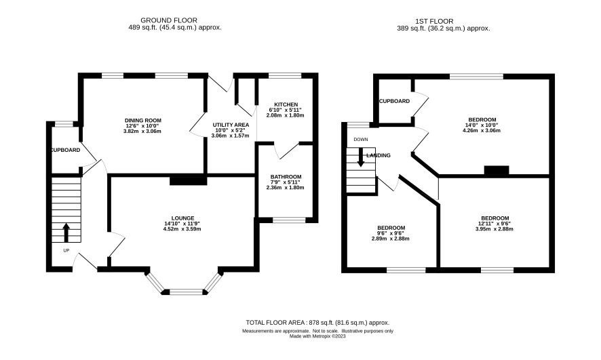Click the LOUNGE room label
pyautogui.click(x=183, y=218)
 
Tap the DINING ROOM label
pyautogui.click(x=144, y=120)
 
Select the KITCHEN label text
pyautogui.click(x=286, y=104)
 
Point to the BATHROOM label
pyautogui.click(x=286, y=176)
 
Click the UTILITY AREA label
pyautogui.click(x=231, y=125)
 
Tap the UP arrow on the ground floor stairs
pyautogui.click(x=66, y=233)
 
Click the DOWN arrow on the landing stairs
pyautogui.click(x=361, y=157)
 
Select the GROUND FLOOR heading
pyautogui.click(x=169, y=20)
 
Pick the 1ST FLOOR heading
pyautogui.click(x=434, y=22)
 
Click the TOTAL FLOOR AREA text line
pyautogui.click(x=317, y=323)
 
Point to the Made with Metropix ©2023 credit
pyautogui.click(x=317, y=336)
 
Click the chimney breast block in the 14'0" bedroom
pyautogui.click(x=497, y=171)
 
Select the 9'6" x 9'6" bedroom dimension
pyautogui.click(x=391, y=233)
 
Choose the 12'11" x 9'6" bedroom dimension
pyautogui.click(x=495, y=224)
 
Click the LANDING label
pyautogui.click(x=379, y=155)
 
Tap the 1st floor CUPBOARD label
pyautogui.click(x=394, y=101)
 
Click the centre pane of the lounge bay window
pyautogui.click(x=186, y=292)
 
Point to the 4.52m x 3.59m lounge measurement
pyautogui.click(x=182, y=229)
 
